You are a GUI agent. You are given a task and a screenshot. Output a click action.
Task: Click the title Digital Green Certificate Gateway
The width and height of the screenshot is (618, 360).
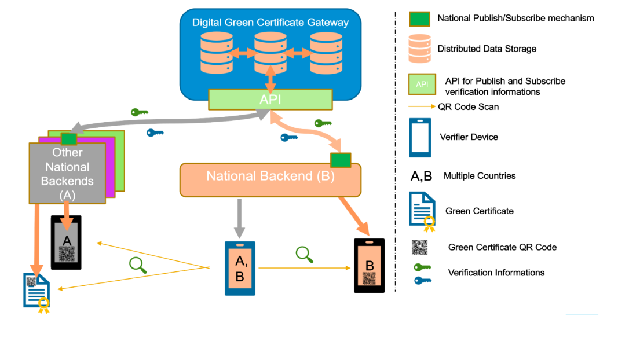(270, 23)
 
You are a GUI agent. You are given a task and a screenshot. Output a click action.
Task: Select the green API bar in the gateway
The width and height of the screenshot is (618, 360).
(270, 100)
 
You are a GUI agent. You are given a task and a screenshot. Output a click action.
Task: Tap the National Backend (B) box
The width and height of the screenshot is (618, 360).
(270, 176)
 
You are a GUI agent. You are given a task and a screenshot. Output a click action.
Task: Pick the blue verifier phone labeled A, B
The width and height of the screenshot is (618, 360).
(240, 269)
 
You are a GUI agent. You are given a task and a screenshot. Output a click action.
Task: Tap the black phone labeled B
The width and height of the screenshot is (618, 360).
(369, 266)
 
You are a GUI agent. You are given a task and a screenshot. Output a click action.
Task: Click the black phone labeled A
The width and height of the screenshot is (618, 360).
(66, 242)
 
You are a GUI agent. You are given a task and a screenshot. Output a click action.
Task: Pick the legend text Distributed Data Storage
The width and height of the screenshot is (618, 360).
(487, 49)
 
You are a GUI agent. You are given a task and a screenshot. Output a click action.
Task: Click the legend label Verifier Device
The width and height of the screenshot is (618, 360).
(469, 137)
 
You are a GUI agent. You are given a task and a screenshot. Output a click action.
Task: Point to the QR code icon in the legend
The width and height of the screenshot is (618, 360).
(419, 247)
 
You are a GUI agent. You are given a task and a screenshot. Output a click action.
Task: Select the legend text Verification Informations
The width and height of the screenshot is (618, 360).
(496, 273)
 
